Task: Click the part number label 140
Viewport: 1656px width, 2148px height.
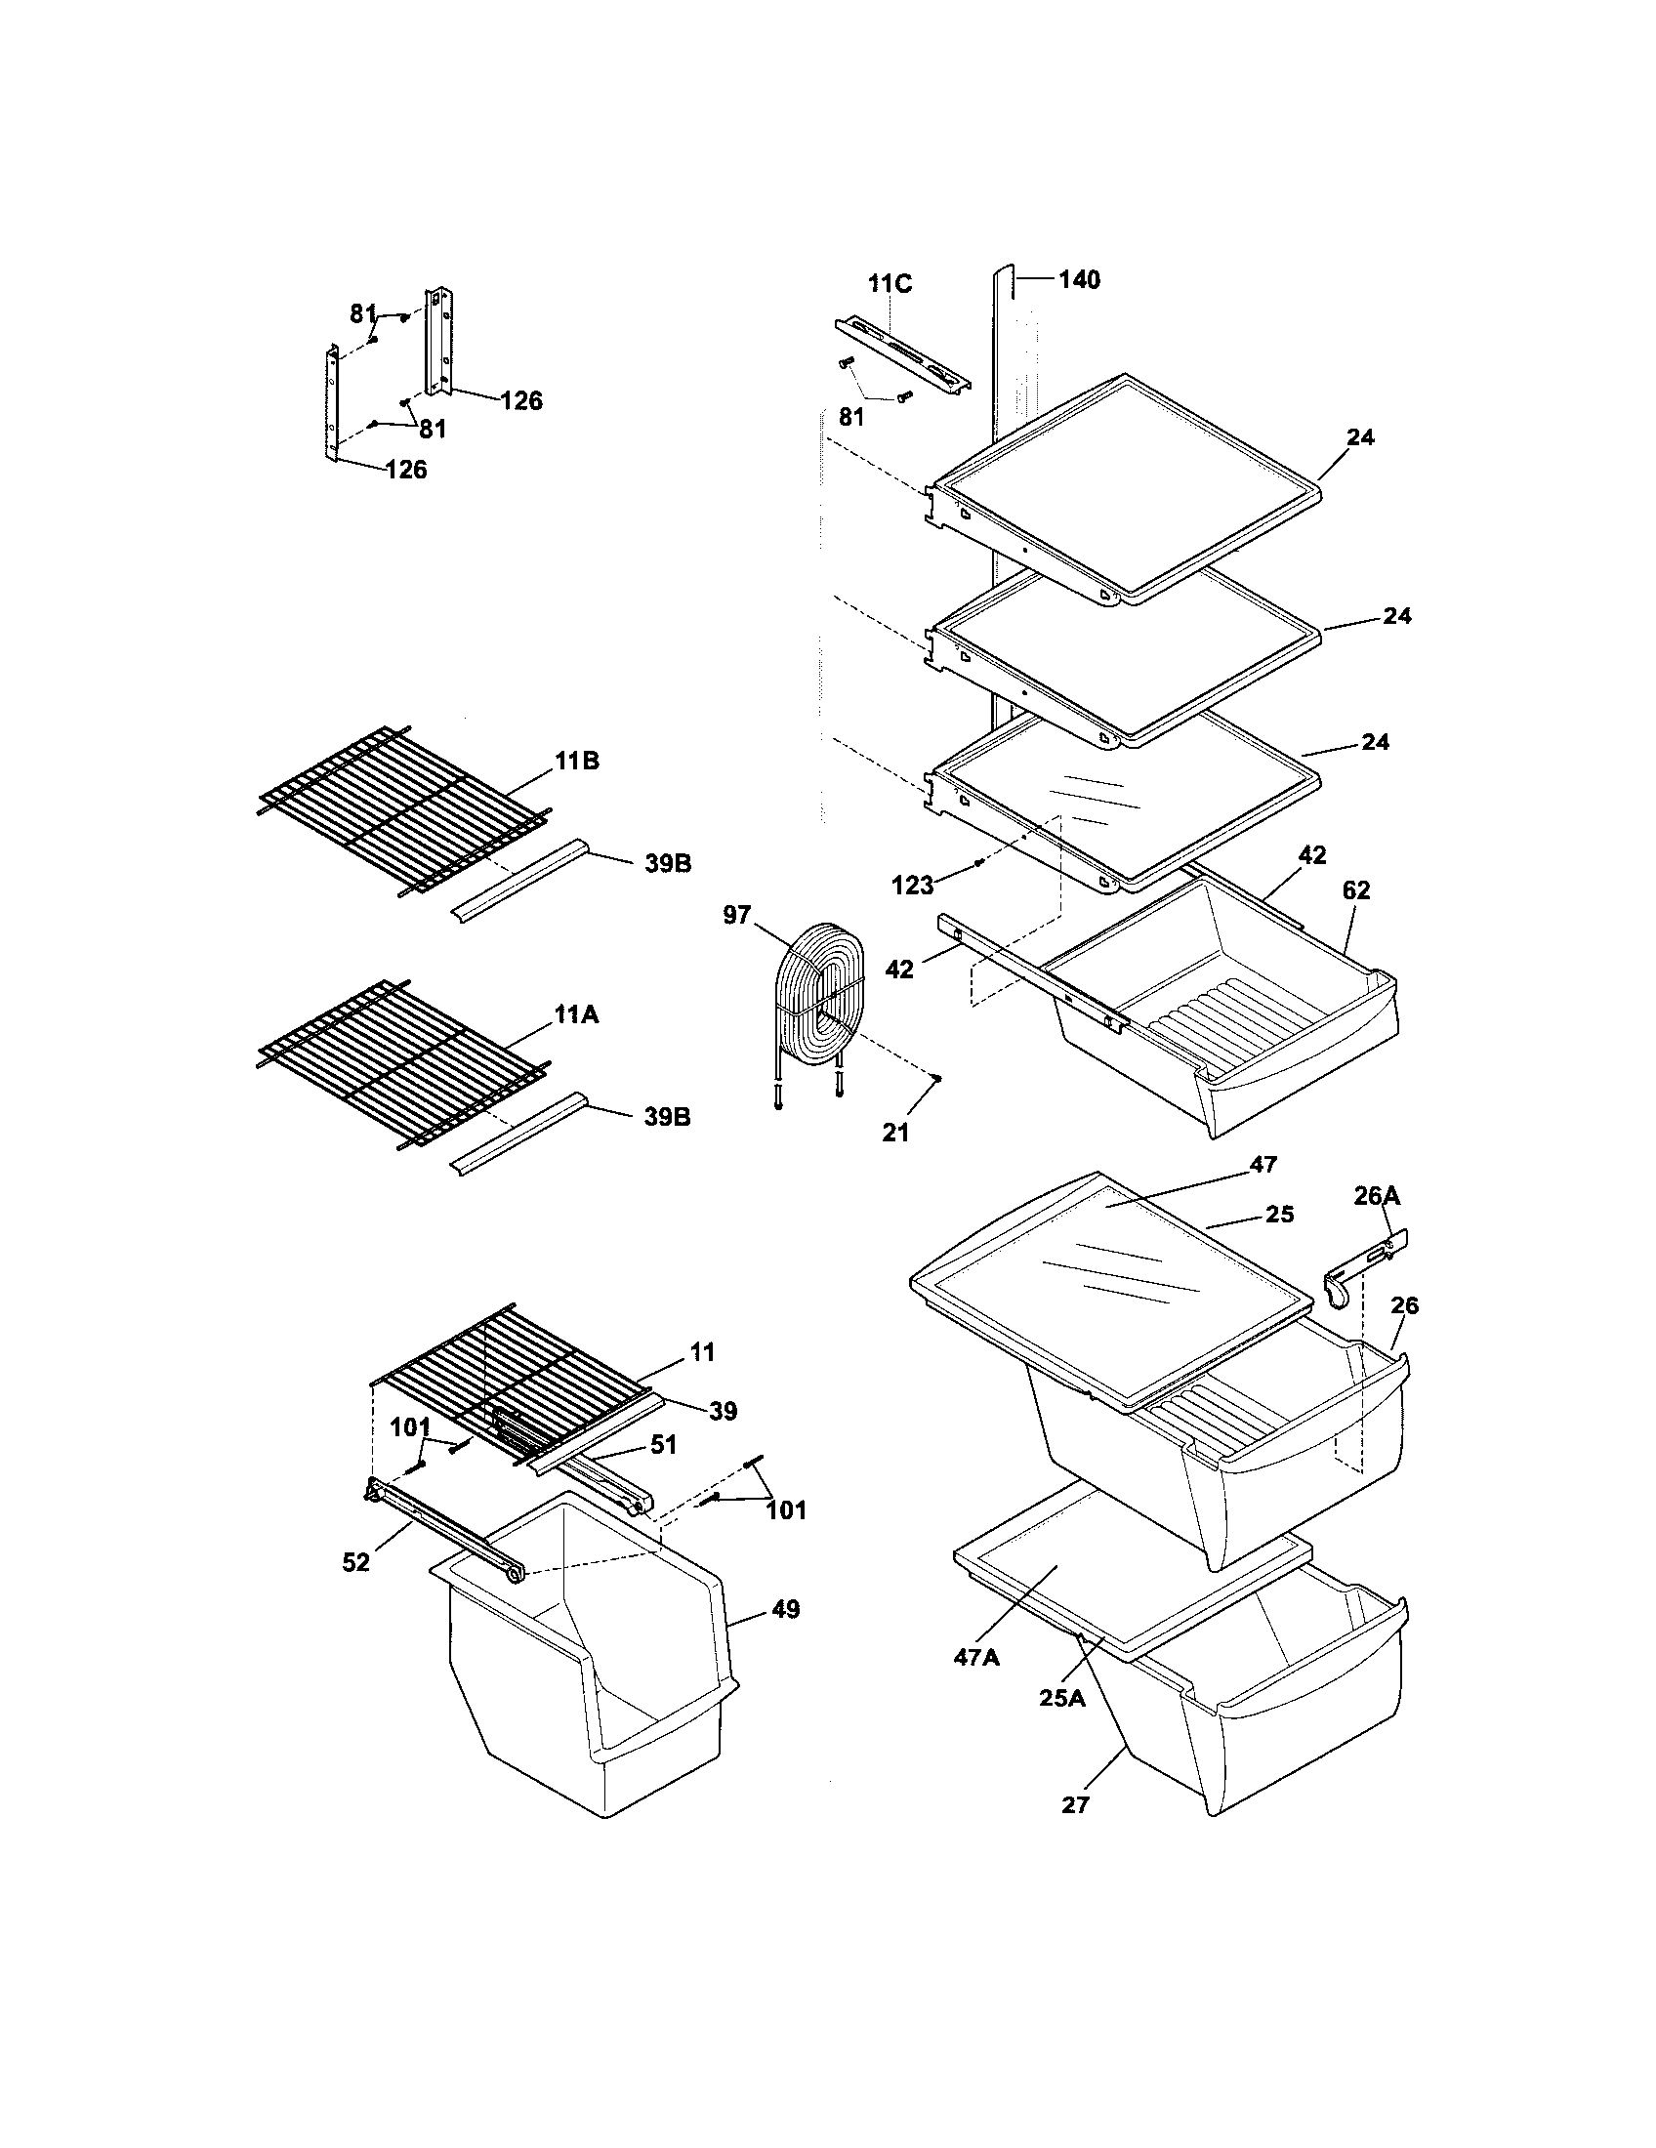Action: (x=1079, y=280)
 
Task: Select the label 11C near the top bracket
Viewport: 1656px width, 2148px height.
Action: (x=890, y=284)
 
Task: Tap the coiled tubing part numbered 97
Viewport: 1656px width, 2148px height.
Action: (x=821, y=993)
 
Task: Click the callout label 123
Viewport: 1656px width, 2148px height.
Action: (x=912, y=886)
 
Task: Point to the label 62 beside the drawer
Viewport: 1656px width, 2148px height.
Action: (x=1355, y=890)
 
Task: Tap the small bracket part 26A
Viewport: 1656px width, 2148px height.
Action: (x=1362, y=1268)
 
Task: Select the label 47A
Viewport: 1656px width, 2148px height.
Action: (x=975, y=1657)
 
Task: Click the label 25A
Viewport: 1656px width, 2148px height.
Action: (x=1062, y=1698)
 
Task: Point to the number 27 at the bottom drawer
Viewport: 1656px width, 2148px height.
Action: (x=1076, y=1804)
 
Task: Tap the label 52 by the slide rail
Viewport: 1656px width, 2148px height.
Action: (x=356, y=1562)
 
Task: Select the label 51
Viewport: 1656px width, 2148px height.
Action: (x=664, y=1444)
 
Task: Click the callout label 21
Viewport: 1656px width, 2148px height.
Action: (x=894, y=1133)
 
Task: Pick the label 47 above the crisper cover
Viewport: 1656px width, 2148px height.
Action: (x=1263, y=1165)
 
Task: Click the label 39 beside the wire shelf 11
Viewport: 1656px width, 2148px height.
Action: (x=723, y=1412)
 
